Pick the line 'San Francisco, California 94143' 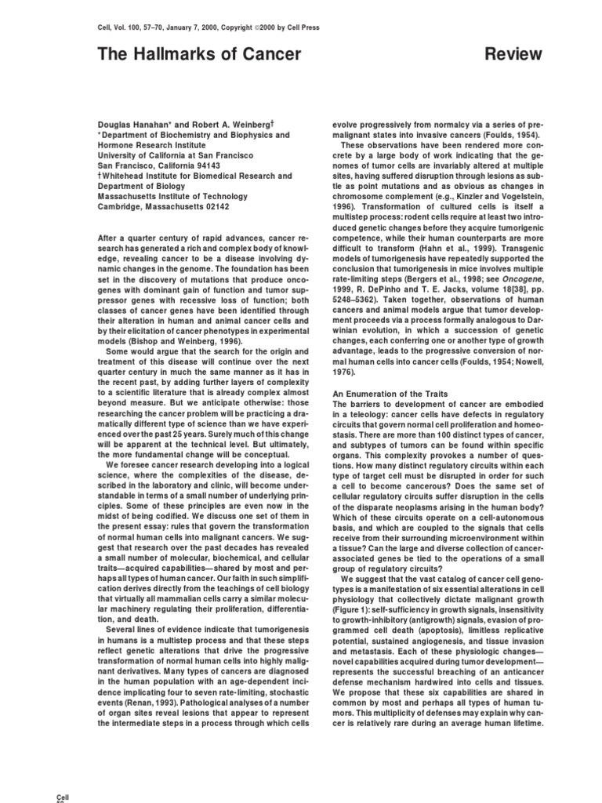point(159,166)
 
